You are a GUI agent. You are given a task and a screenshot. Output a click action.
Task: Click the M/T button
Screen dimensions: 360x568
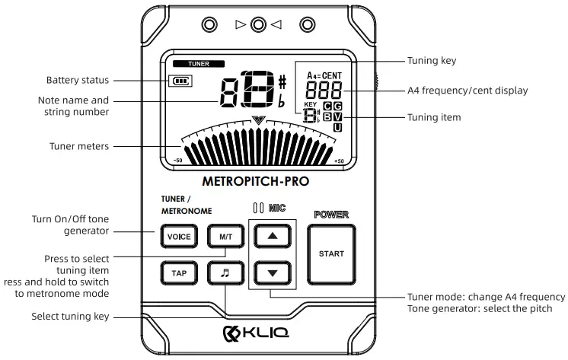point(225,237)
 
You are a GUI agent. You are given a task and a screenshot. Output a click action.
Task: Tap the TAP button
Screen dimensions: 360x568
point(179,272)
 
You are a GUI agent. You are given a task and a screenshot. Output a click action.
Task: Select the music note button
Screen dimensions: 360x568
point(225,272)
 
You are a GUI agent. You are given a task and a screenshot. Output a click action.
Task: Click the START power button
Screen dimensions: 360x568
point(331,253)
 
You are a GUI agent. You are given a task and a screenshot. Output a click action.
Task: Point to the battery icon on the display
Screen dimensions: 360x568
point(180,81)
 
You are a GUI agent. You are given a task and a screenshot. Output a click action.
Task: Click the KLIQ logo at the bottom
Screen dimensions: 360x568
point(257,333)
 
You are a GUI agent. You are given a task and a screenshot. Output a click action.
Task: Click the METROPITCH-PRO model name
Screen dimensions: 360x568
point(256,183)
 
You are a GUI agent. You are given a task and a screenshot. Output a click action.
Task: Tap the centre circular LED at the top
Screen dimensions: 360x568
point(258,25)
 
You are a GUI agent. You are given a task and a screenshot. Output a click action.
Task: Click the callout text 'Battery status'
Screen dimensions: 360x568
point(78,80)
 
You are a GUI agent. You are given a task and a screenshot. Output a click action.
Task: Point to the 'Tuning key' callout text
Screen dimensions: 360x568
point(432,61)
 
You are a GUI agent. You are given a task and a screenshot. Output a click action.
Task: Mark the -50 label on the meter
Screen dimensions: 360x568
point(177,162)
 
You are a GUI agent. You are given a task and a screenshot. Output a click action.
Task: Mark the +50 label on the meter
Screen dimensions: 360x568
point(339,162)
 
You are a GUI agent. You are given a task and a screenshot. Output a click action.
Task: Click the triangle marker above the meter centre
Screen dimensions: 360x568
point(259,119)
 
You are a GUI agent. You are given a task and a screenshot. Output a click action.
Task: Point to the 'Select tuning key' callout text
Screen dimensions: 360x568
point(71,317)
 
